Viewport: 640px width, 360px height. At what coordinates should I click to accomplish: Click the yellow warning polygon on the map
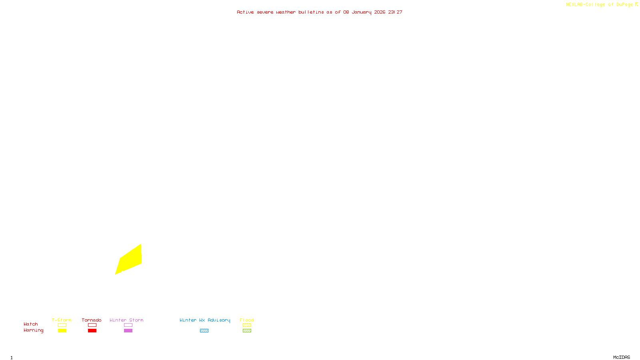[130, 260]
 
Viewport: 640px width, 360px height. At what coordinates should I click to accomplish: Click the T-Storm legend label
[62, 320]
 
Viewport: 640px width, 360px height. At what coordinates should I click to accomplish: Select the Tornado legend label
[92, 320]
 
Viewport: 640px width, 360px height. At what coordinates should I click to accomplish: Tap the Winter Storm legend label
[126, 320]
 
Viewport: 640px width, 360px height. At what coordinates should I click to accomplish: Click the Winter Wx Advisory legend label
[205, 320]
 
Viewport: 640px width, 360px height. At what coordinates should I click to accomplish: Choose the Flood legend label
[247, 320]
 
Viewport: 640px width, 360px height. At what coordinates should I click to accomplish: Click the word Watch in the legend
[31, 324]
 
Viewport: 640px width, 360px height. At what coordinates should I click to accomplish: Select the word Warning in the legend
[33, 330]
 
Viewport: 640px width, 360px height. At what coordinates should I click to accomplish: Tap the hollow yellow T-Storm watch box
[62, 325]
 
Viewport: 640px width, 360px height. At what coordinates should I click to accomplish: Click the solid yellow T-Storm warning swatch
[62, 331]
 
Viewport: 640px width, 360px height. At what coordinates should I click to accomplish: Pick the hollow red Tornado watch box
[92, 325]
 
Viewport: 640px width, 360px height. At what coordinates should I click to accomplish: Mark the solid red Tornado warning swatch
[92, 331]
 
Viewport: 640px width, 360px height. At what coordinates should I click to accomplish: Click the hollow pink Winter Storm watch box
[128, 325]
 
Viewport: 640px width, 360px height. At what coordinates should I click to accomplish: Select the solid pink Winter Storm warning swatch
[128, 331]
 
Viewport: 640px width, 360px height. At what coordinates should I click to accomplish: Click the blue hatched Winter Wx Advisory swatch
[204, 331]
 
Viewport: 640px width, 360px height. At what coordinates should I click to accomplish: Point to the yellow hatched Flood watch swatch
[247, 325]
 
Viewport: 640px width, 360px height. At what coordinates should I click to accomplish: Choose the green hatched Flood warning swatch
[247, 331]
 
